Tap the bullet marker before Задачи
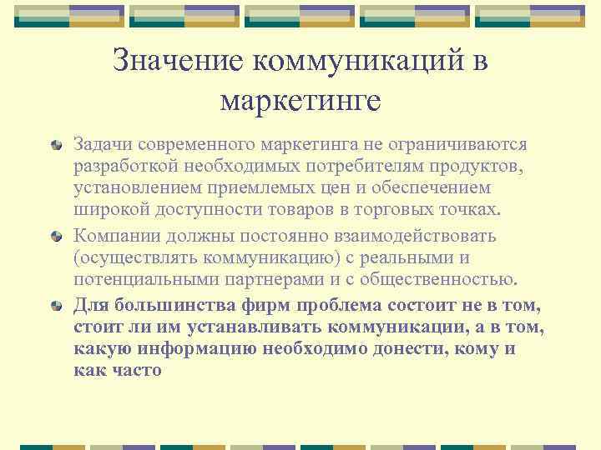[56, 146]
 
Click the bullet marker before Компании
[56, 236]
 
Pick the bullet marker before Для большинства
[56, 305]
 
